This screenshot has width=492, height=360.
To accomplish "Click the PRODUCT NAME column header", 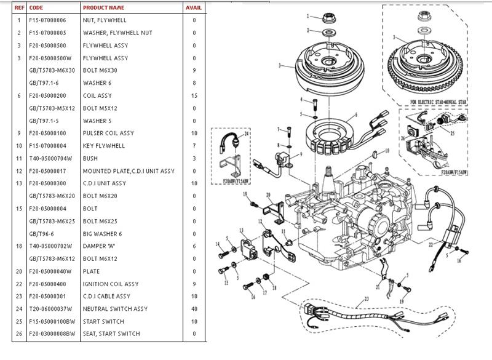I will pyautogui.click(x=103, y=8).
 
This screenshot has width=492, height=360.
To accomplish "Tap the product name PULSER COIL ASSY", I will pyautogui.click(x=108, y=133).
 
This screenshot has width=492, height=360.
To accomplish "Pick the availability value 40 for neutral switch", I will pyautogui.click(x=194, y=309).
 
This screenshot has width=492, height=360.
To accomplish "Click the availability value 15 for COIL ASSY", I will pyautogui.click(x=194, y=95).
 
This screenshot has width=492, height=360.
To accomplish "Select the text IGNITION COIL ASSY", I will pyautogui.click(x=111, y=284).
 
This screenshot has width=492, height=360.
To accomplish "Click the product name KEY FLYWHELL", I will pyautogui.click(x=104, y=146).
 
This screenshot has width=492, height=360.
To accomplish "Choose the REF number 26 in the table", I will pyautogui.click(x=19, y=334).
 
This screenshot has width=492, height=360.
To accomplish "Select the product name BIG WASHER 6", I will pyautogui.click(x=103, y=234).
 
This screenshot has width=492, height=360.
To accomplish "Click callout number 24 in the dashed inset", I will pyautogui.click(x=247, y=133).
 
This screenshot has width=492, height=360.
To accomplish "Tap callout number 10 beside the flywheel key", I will pyautogui.click(x=387, y=151).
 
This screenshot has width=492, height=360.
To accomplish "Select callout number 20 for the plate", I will pyautogui.click(x=268, y=196).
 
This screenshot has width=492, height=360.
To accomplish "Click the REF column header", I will pyautogui.click(x=19, y=8).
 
